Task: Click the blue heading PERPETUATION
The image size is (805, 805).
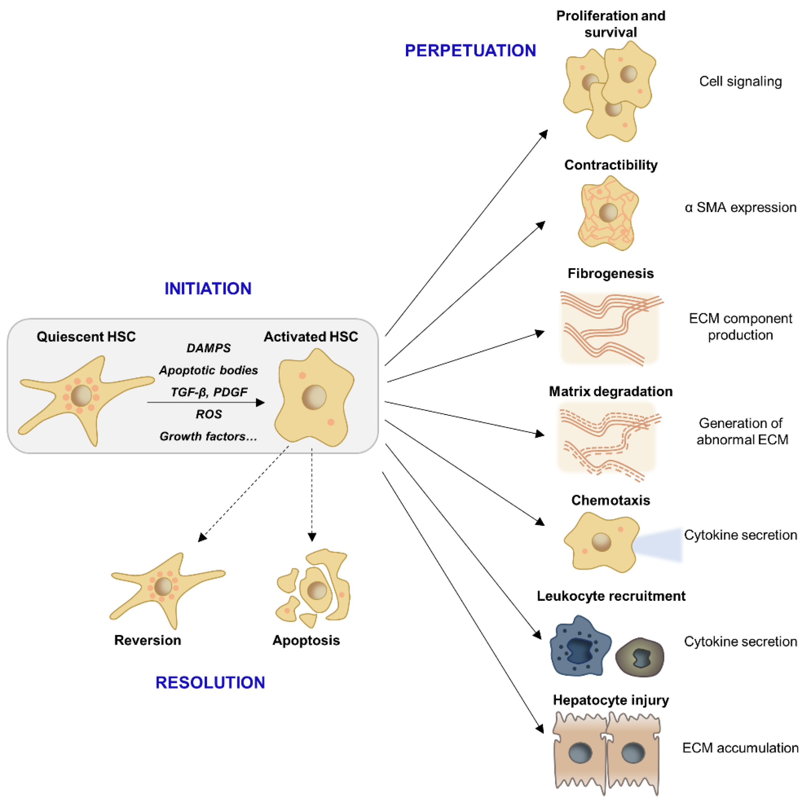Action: [470, 51]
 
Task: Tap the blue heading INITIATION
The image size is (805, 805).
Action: [208, 288]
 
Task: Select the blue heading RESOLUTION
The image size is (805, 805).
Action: [210, 682]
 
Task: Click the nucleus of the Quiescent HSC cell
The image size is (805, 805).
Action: [81, 395]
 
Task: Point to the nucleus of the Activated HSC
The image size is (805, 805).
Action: [314, 397]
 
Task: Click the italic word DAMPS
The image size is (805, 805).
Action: [208, 348]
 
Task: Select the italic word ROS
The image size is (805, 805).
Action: [209, 414]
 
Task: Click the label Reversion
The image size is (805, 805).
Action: [147, 640]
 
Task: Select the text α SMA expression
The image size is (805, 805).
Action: [740, 207]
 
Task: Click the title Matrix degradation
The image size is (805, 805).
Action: [610, 391]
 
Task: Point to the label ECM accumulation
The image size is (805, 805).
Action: [740, 748]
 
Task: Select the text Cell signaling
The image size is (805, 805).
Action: [740, 81]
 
